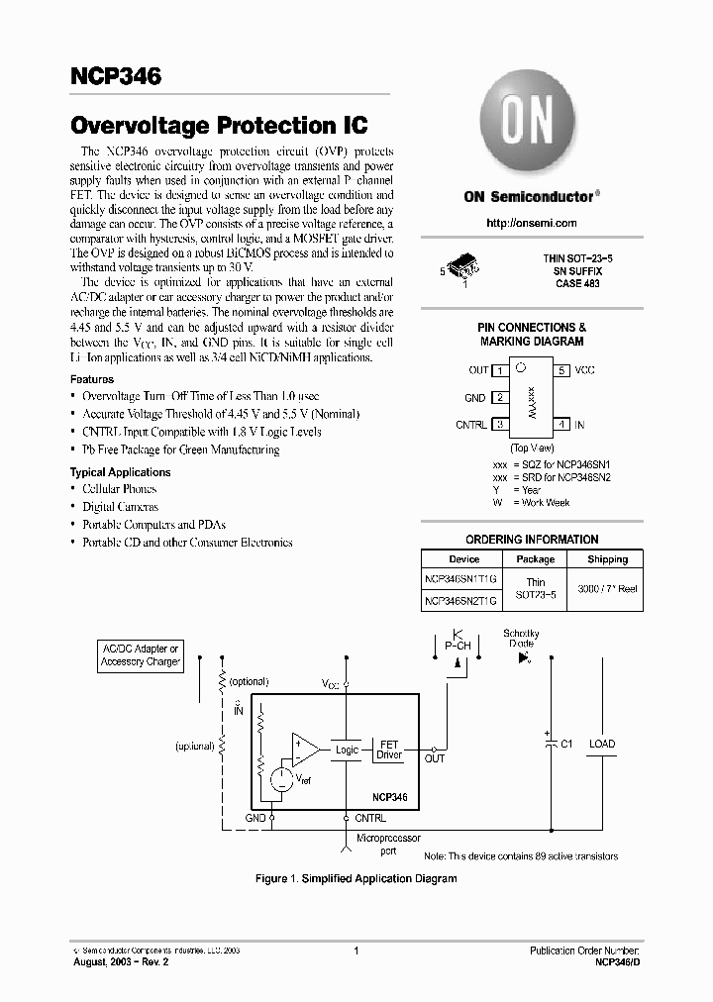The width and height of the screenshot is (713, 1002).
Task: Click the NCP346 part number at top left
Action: tap(115, 76)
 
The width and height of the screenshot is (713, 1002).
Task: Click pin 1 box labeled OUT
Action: tap(501, 370)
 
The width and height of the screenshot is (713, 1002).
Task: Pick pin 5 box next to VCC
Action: tap(561, 370)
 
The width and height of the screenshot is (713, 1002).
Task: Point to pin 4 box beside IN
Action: tap(561, 425)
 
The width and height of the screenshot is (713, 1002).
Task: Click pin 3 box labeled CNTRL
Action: tap(501, 425)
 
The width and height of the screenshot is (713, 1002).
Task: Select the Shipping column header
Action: tap(607, 558)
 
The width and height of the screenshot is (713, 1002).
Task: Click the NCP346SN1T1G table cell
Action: tap(461, 578)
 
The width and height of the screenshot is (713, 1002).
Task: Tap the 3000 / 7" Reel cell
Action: tap(607, 589)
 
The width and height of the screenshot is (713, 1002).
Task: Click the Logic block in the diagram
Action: tap(347, 750)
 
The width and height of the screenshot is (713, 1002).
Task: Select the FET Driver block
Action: tap(389, 749)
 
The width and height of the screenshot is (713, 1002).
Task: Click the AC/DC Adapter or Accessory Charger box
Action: tap(141, 655)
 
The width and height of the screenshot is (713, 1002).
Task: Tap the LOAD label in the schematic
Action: tap(601, 744)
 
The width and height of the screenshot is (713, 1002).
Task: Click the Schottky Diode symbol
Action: tap(524, 655)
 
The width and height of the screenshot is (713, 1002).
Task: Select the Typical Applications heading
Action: tap(120, 472)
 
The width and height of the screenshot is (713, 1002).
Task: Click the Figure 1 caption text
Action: tap(356, 878)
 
